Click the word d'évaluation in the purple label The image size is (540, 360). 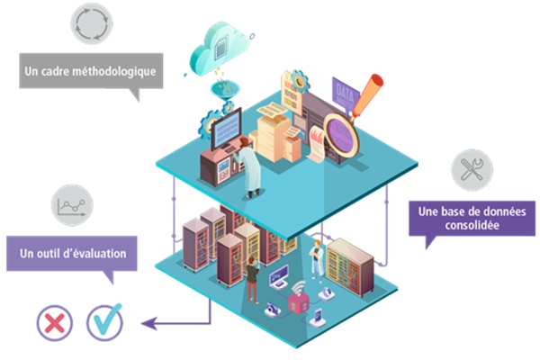click(x=98, y=254)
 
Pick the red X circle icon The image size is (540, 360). click(x=55, y=321)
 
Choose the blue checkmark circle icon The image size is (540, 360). click(x=104, y=321)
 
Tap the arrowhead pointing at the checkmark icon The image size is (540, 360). click(x=149, y=320)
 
